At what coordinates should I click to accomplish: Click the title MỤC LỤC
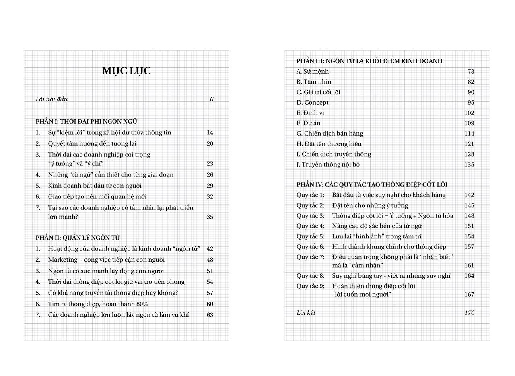(126, 71)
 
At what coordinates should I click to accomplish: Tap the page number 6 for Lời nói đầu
(212, 99)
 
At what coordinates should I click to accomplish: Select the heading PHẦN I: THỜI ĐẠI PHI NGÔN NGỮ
(86, 122)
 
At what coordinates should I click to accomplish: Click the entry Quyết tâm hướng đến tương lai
(92, 144)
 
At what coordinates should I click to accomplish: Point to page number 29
(210, 186)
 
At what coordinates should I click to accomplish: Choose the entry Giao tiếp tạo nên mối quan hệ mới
(97, 197)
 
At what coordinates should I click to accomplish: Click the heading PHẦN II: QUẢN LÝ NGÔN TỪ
(78, 238)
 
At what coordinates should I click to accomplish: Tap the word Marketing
(62, 260)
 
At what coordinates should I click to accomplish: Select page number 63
(210, 315)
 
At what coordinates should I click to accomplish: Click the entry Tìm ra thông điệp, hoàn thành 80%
(98, 304)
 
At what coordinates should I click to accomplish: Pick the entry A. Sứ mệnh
(313, 72)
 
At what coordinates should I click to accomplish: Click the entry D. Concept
(313, 103)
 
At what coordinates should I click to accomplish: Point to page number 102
(469, 113)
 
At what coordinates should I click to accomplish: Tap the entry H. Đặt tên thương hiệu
(329, 144)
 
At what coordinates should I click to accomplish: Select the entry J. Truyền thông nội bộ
(328, 165)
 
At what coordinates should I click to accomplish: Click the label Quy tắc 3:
(310, 216)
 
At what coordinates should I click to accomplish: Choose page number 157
(469, 247)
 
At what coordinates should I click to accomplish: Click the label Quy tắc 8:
(310, 276)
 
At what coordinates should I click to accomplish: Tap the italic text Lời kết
(306, 313)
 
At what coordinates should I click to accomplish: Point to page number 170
(469, 313)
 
